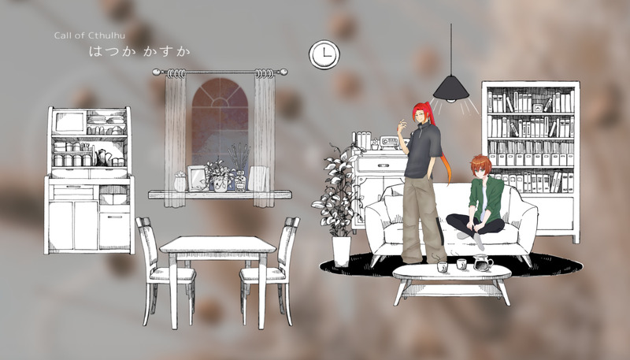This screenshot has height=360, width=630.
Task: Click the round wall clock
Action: coord(324,54)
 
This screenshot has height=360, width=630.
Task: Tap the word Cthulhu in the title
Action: coord(106,35)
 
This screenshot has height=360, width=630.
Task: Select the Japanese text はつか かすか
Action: coord(139,51)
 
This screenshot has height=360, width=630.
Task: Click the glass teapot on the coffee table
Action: coord(483,263)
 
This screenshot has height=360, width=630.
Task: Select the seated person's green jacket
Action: coord(487,198)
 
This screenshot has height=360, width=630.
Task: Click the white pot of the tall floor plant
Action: coord(342,251)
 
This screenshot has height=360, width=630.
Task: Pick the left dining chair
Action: coord(165,270)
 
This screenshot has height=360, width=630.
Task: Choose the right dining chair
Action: coord(270,270)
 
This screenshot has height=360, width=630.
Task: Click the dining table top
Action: coord(218,244)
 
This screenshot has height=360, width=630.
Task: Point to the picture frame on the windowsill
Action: coord(198,178)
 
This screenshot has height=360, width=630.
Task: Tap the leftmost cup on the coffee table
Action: coord(442,267)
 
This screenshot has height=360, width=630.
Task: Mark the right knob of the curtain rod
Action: coord(283,72)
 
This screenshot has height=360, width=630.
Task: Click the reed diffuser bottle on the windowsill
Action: coord(240,181)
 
